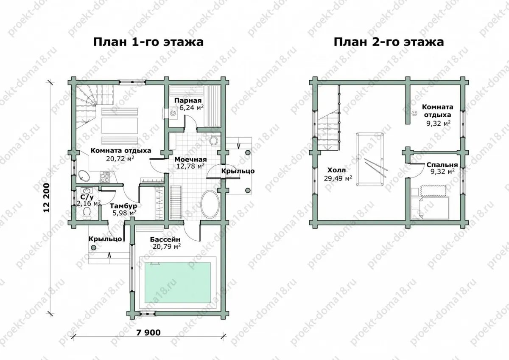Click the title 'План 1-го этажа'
coord(148,42)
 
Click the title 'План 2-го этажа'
coord(389,42)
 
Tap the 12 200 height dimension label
coord(47,198)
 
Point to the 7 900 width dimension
coord(148,332)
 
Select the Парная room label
coord(188,101)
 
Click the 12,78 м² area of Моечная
coord(190,166)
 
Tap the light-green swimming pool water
coord(177,282)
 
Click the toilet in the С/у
coord(87,214)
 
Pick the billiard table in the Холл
coord(370,159)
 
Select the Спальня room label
coord(442,165)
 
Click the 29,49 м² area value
coord(338,178)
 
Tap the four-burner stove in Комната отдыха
coord(105,177)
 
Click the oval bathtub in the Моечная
coord(210,205)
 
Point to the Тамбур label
coord(123,206)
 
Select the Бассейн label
coord(165,239)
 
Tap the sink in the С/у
coord(87,190)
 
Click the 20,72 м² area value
coord(120,158)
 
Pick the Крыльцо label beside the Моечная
coord(238,171)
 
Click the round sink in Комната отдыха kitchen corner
coord(84,176)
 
